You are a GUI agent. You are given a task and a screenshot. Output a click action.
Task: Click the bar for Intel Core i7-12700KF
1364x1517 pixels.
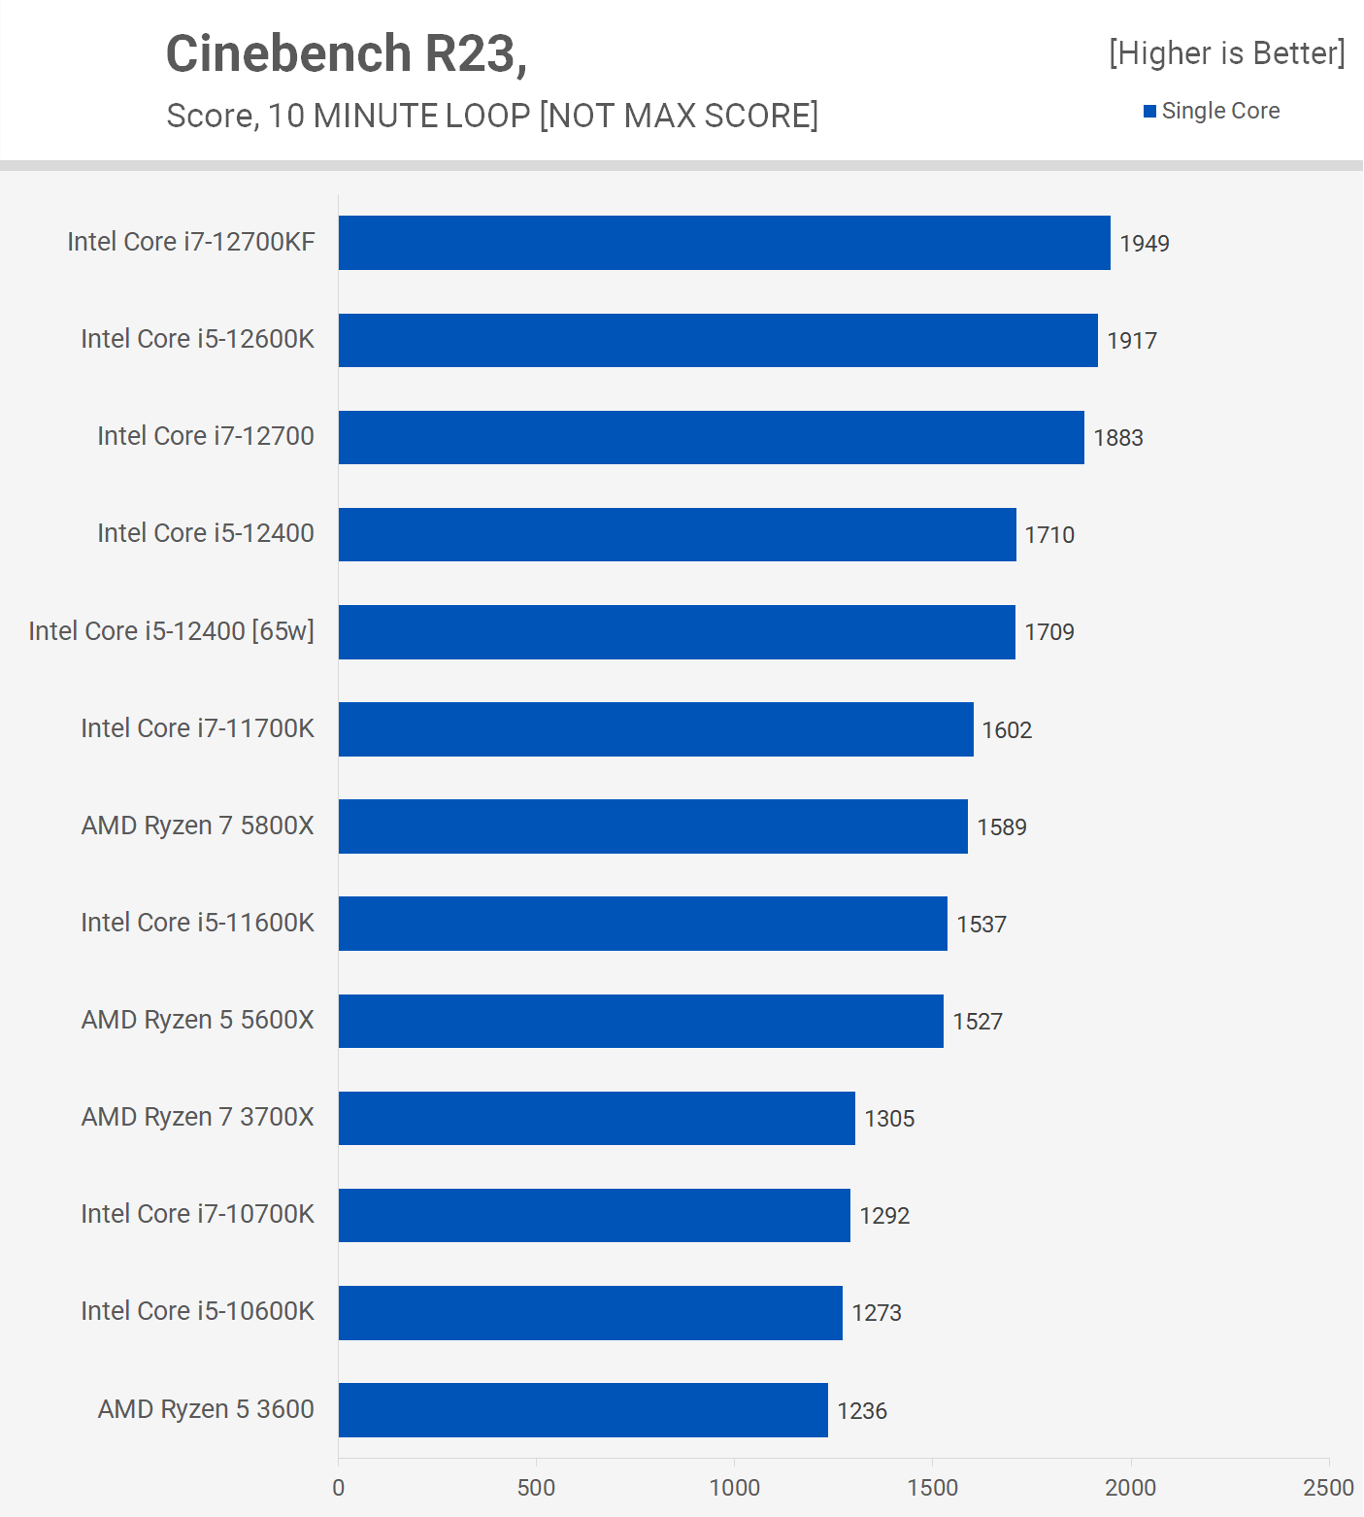724,243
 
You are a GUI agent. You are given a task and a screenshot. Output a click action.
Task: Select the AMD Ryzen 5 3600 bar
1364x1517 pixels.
582,1410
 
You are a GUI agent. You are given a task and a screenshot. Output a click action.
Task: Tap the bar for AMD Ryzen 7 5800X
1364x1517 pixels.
652,826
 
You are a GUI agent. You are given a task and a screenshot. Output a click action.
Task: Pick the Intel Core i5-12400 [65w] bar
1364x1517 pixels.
677,632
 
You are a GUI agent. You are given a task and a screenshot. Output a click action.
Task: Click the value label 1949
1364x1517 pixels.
1145,244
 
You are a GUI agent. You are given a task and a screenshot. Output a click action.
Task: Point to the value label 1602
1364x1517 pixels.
1007,730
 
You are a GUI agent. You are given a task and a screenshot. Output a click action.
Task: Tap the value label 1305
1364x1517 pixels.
889,1119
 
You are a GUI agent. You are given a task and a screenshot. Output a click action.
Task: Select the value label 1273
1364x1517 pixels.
877,1313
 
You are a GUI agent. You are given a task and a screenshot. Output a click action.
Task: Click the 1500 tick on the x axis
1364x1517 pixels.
933,1487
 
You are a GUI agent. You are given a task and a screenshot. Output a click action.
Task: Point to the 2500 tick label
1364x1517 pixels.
1328,1487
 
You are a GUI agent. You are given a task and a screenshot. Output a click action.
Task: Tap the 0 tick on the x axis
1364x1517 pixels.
338,1487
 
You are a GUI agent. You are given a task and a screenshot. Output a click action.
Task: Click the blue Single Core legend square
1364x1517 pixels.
1149,112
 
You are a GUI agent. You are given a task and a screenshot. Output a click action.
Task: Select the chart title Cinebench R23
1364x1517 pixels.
347,53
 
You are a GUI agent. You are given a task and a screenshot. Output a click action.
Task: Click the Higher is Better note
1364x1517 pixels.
1227,53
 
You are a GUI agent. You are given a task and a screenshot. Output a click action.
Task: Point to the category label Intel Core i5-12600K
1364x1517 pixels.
197,339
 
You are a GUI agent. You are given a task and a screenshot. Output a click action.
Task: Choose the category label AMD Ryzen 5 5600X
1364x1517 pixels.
197,1020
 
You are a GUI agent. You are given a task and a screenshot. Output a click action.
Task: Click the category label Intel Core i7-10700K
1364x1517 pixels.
197,1214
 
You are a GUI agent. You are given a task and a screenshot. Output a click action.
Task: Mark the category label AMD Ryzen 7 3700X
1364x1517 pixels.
197,1117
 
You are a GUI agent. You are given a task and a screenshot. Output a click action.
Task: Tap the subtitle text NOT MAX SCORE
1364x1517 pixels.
679,116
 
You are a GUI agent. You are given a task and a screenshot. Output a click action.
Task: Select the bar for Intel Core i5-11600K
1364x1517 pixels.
643,924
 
